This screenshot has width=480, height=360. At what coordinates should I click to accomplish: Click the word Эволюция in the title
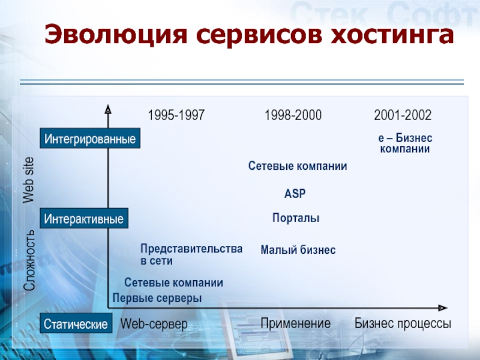[x=115, y=34]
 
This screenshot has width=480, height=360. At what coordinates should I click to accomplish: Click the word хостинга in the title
[x=392, y=34]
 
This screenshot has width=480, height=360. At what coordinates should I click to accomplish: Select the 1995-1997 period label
[x=176, y=115]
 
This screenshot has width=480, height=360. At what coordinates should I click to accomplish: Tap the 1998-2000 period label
[x=293, y=115]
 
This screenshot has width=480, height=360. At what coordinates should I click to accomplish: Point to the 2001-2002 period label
[x=403, y=115]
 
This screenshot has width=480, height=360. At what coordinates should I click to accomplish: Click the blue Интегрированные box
[x=90, y=139]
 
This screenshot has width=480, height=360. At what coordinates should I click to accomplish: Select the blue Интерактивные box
[x=84, y=218]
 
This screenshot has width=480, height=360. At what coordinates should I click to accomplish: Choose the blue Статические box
[x=76, y=323]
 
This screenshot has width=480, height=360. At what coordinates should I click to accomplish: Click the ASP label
[x=295, y=193]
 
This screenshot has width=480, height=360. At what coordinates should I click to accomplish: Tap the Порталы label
[x=296, y=218]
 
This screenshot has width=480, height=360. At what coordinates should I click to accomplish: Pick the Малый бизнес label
[x=298, y=250]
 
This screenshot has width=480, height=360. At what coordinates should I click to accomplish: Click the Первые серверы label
[x=157, y=298]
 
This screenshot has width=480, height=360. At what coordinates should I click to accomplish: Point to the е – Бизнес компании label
[x=405, y=143]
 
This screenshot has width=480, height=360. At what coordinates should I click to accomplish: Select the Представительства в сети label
[x=191, y=254]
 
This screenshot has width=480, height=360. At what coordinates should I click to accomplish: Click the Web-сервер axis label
[x=154, y=324]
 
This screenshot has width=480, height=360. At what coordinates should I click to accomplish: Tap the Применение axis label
[x=295, y=323]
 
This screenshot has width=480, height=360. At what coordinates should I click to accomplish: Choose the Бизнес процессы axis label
[x=403, y=323]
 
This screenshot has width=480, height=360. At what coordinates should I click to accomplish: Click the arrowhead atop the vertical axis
[x=108, y=109]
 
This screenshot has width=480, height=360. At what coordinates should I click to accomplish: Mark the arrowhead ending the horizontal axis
[x=443, y=308]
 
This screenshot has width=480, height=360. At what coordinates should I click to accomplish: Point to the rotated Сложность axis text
[x=29, y=260]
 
